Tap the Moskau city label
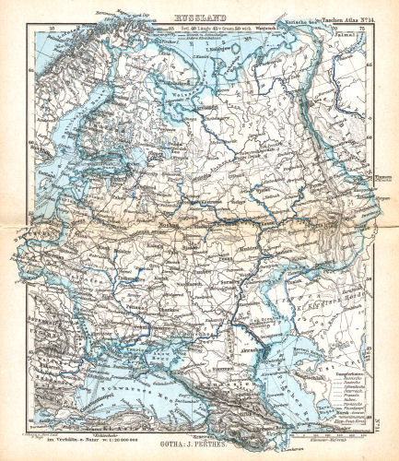pos(168,224)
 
